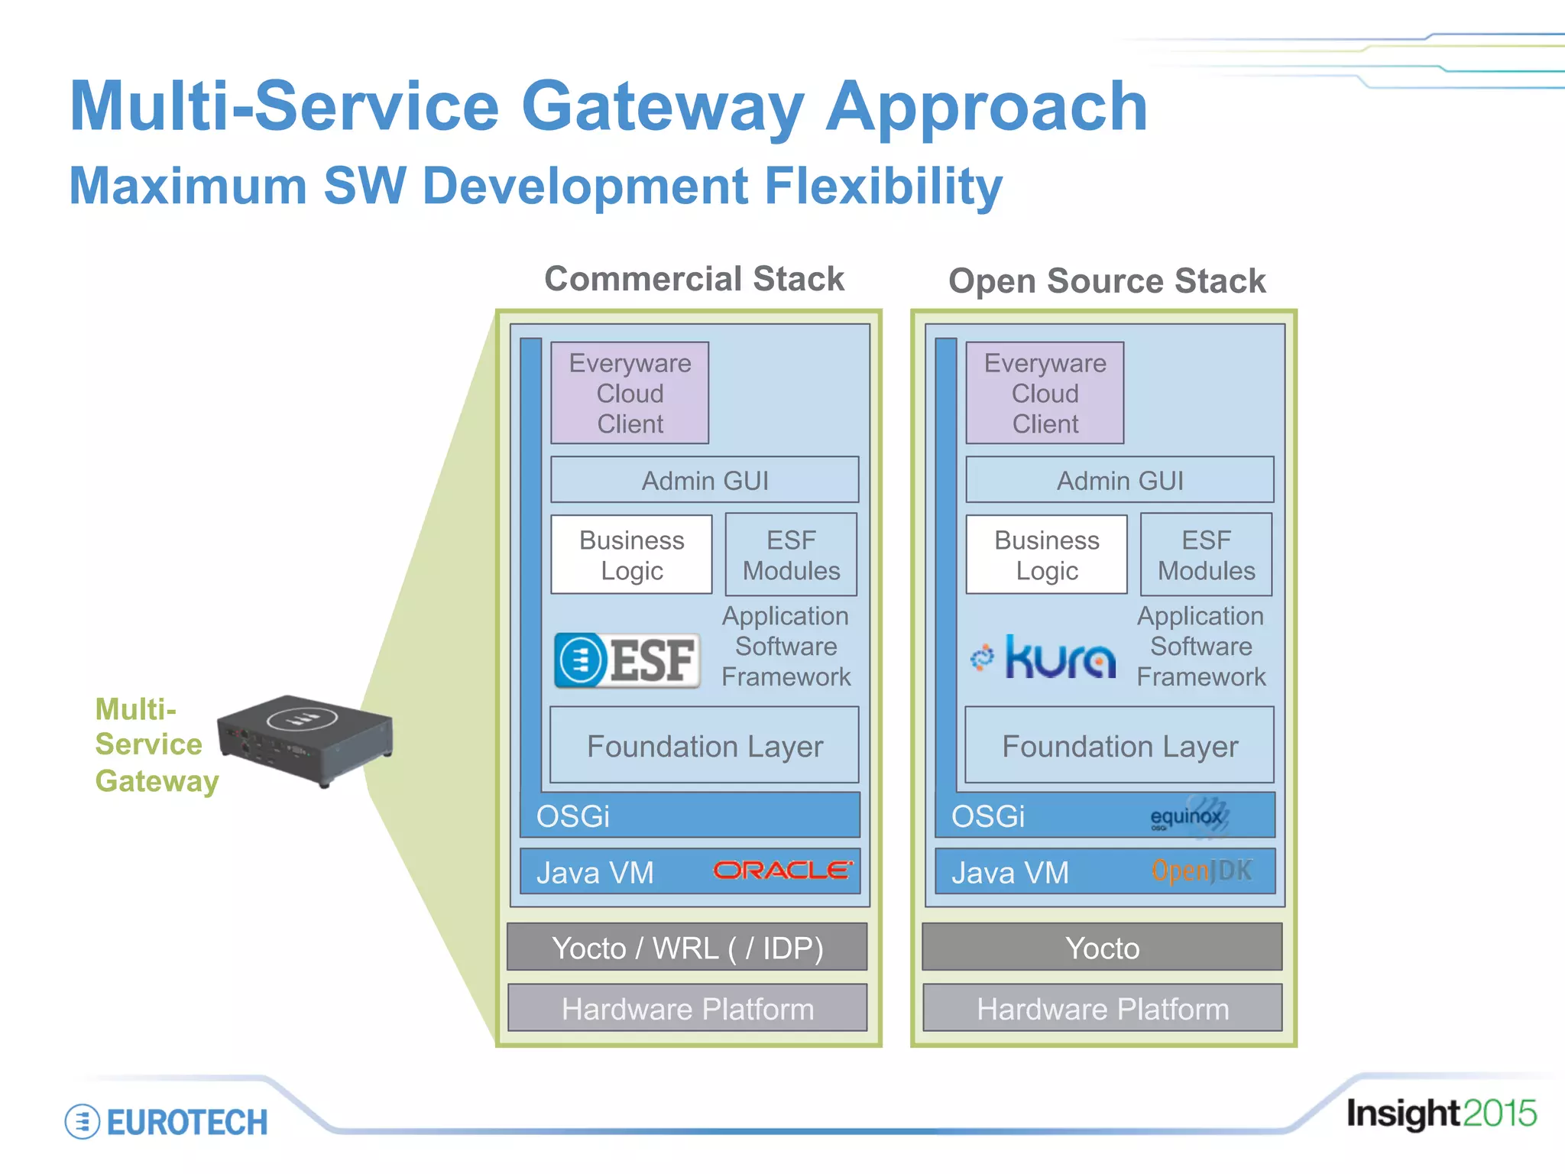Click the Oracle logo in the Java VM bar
click(782, 871)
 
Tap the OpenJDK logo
click(1201, 871)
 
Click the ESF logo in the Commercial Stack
click(627, 660)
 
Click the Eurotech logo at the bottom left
click(167, 1122)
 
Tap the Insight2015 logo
click(1440, 1114)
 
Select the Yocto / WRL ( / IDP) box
click(687, 948)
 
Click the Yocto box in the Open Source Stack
click(1102, 948)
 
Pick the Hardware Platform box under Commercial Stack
click(687, 1009)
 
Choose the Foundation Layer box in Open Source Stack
click(1119, 745)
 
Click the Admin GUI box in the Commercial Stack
click(705, 480)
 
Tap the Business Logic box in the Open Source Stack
click(1046, 555)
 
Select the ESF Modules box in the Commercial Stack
click(791, 555)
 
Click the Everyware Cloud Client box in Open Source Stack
click(1045, 393)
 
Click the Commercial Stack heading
click(694, 278)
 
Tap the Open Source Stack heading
click(1107, 281)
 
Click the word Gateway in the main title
click(663, 107)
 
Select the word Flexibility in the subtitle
click(883, 186)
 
